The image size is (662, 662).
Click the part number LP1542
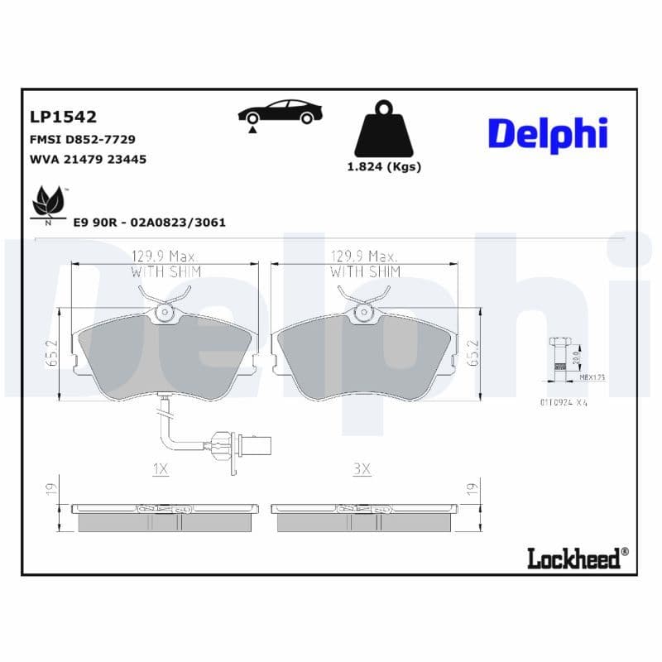click(63, 118)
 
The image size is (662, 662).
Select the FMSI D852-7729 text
click(82, 139)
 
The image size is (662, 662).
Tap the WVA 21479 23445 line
click(88, 159)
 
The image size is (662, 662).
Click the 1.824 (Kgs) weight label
click(383, 166)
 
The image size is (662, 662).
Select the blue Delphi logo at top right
click(547, 134)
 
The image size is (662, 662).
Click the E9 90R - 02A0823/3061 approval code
click(149, 223)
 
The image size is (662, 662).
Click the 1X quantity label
click(161, 469)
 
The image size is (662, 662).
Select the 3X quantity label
click(362, 469)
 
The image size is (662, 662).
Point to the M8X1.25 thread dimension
click(592, 377)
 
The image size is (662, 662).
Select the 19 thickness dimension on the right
click(473, 489)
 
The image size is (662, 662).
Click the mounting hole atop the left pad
click(164, 312)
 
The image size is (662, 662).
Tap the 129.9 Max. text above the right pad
click(365, 257)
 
